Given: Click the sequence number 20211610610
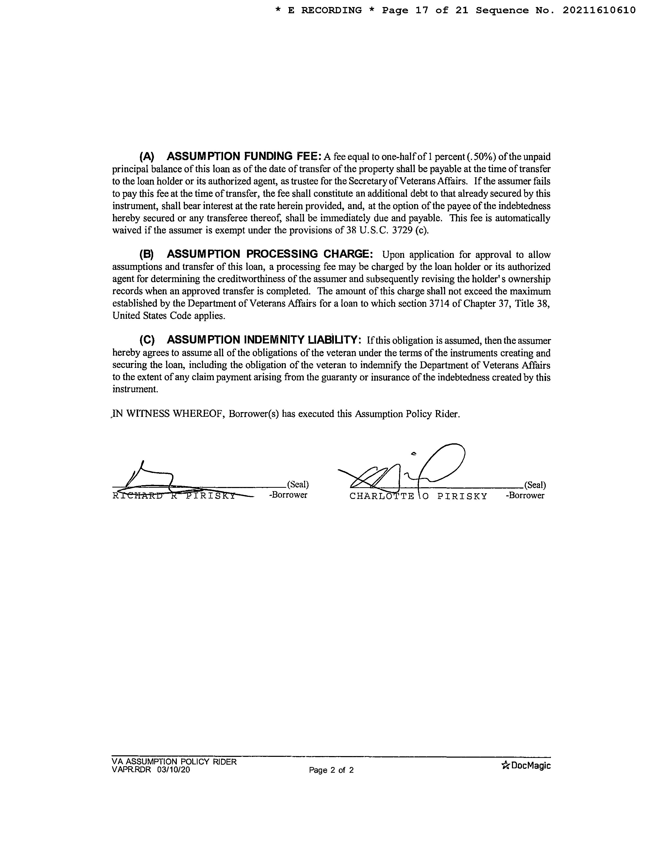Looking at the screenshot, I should click(x=599, y=11).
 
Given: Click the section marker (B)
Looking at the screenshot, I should click(x=146, y=255).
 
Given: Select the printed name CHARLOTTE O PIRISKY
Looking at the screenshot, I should click(x=418, y=496).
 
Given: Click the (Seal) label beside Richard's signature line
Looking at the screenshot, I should click(x=297, y=484).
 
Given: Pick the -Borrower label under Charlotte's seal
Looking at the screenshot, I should click(x=525, y=495).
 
